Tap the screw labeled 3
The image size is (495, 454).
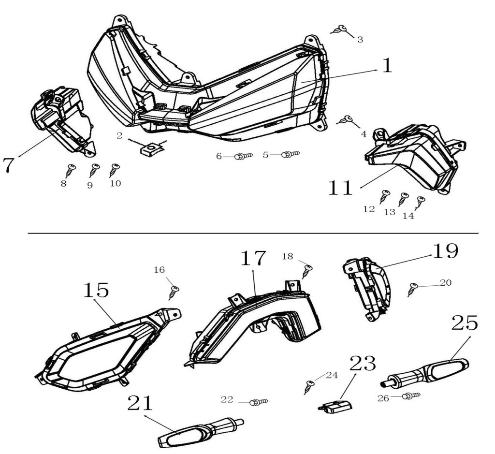click(342, 29)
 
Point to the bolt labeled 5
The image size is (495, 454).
click(291, 154)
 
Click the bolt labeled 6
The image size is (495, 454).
click(243, 156)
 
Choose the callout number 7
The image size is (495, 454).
click(9, 165)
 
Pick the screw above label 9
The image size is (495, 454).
click(94, 169)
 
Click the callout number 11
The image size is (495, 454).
click(340, 188)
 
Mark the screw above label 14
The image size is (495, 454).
click(421, 201)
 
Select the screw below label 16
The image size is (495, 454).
click(174, 291)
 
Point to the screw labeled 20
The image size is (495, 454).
click(412, 289)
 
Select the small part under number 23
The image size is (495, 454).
click(335, 406)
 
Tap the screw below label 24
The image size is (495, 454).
click(308, 386)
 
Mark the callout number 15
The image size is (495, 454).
click(96, 290)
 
